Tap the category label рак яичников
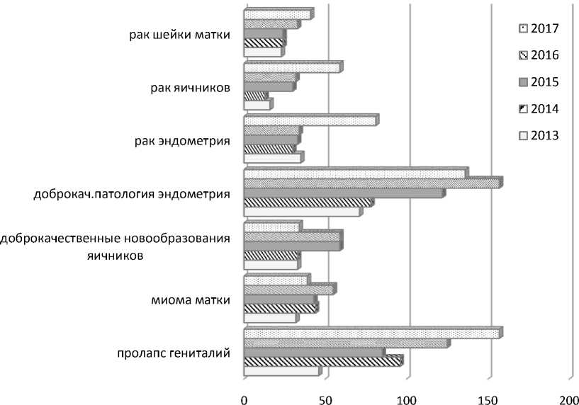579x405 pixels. click(x=190, y=89)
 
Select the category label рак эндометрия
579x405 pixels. click(x=181, y=142)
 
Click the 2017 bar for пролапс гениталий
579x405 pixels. click(x=371, y=333)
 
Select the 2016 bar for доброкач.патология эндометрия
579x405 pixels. click(x=372, y=183)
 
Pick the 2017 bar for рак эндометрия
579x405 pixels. click(x=310, y=120)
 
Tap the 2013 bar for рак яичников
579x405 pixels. click(x=257, y=105)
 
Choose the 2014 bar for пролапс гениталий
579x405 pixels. click(x=322, y=361)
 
